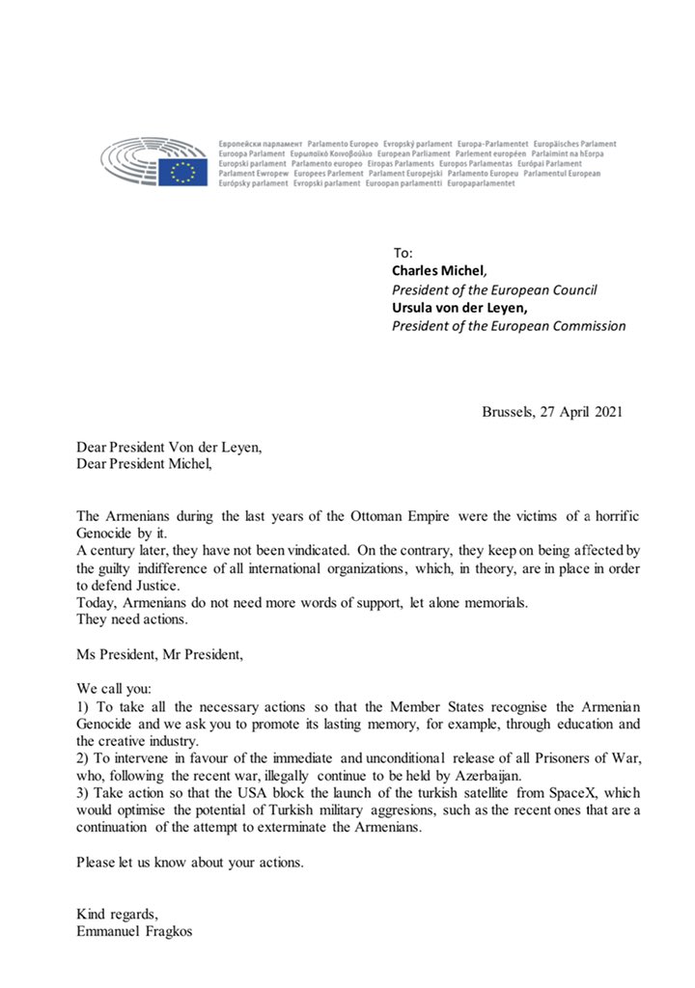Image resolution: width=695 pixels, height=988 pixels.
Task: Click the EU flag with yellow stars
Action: point(182,172)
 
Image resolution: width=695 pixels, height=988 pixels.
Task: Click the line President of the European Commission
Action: point(508,326)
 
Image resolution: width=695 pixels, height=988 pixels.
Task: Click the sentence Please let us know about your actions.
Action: point(190,862)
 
